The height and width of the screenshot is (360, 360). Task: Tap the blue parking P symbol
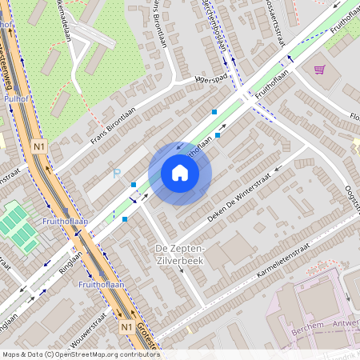coord(117,173)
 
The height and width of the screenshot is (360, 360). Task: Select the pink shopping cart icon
coord(319,70)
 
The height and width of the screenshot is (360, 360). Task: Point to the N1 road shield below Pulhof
coord(39,146)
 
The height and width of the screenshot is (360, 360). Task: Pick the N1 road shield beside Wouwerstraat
coord(126,327)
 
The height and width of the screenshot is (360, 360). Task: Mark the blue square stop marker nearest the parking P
coord(134,185)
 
